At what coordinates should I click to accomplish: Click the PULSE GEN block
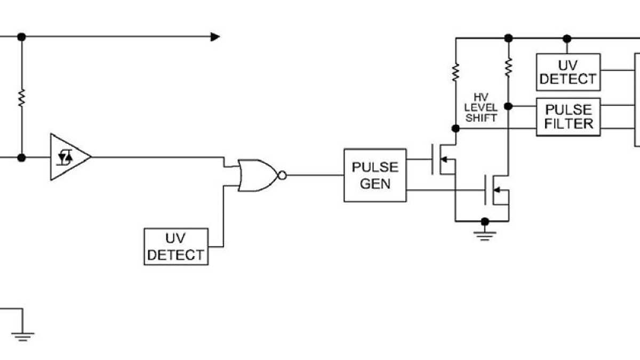pyautogui.click(x=375, y=175)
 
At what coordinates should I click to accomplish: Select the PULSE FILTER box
pyautogui.click(x=568, y=117)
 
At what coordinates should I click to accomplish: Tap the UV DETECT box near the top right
pyautogui.click(x=568, y=72)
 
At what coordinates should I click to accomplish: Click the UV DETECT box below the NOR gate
pyautogui.click(x=176, y=246)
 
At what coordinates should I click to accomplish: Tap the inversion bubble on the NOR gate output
pyautogui.click(x=283, y=175)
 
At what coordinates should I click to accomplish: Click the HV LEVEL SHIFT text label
pyautogui.click(x=481, y=108)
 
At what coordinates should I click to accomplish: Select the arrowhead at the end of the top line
pyautogui.click(x=215, y=37)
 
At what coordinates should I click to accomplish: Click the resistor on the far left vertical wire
pyautogui.click(x=21, y=98)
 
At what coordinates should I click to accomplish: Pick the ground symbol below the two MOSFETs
pyautogui.click(x=484, y=234)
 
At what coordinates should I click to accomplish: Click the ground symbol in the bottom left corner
pyautogui.click(x=22, y=335)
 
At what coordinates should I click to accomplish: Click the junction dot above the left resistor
pyautogui.click(x=21, y=37)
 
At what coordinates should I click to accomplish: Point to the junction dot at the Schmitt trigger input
pyautogui.click(x=21, y=158)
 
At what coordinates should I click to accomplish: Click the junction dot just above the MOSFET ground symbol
pyautogui.click(x=484, y=221)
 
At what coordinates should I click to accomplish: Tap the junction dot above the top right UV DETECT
pyautogui.click(x=567, y=38)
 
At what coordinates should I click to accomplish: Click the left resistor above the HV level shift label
pyautogui.click(x=455, y=73)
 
